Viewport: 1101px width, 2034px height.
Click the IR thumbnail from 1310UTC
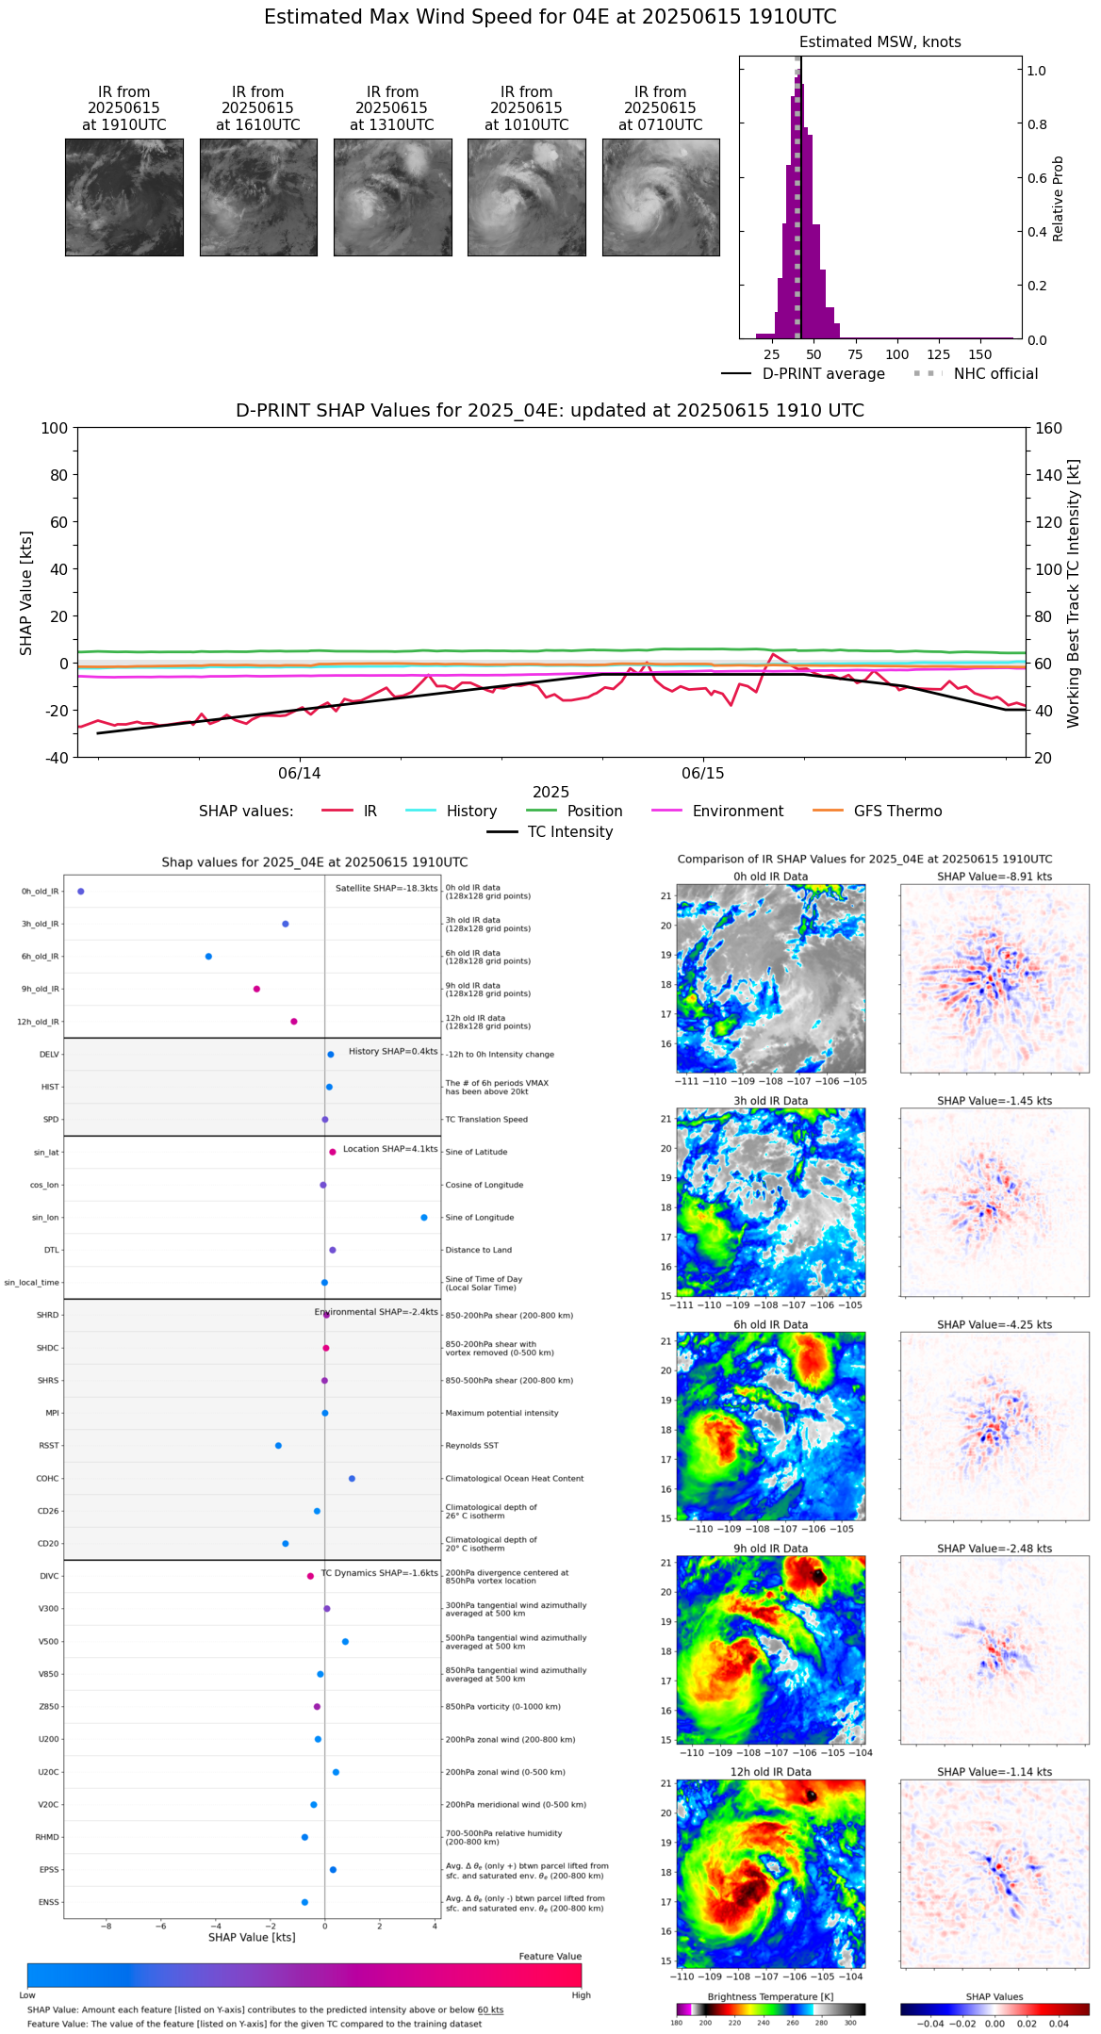click(392, 197)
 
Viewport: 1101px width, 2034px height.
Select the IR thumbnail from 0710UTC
click(661, 197)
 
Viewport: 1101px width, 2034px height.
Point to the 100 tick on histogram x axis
click(897, 354)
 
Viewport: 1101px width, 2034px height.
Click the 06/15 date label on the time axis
click(703, 774)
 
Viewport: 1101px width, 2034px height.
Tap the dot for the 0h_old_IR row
click(81, 892)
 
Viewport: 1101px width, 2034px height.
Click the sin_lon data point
click(424, 1218)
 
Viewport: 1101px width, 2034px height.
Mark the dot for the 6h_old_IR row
click(208, 957)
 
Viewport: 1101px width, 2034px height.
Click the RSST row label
click(49, 1446)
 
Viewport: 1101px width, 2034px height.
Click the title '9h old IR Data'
click(770, 1549)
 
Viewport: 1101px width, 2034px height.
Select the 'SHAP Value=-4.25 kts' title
click(994, 1325)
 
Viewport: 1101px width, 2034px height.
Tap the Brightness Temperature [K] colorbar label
click(770, 1996)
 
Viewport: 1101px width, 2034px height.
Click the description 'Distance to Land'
click(478, 1251)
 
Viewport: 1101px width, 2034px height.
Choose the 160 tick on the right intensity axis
click(1049, 429)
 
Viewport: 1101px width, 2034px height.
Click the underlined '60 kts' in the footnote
click(490, 2010)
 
